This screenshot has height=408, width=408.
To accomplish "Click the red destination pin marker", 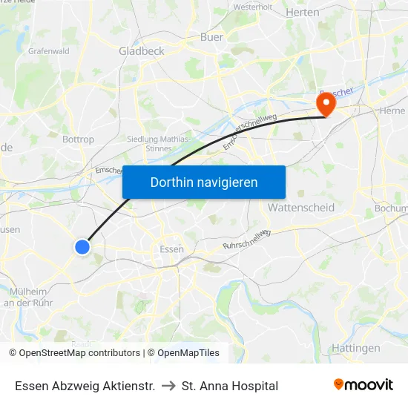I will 326,104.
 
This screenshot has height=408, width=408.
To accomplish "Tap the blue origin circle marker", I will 82,247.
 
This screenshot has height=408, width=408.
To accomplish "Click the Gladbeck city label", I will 141,51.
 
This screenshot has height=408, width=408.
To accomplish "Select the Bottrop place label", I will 78,139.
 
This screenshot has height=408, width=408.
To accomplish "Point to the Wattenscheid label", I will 301,208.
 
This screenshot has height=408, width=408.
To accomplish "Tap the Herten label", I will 302,13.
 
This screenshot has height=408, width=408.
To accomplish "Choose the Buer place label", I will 211,36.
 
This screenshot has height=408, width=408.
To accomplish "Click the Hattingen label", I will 356,348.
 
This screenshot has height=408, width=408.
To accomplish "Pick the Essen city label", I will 171,249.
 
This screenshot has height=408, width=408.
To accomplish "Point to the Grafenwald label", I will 48,51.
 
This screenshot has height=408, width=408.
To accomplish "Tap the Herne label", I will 392,111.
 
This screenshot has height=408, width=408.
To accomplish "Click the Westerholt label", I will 253,7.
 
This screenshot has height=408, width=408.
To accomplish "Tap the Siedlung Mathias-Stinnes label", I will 158,142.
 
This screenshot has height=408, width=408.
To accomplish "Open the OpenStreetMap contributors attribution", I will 79,353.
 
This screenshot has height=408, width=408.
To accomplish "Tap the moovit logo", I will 363,385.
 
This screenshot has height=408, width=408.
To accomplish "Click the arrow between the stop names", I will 168,386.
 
